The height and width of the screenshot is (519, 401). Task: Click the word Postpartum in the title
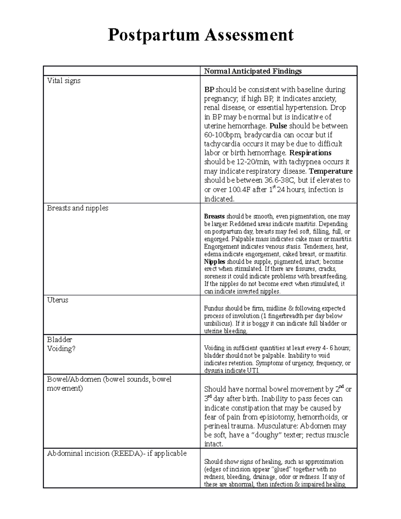point(153,35)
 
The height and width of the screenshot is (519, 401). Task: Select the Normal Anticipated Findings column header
point(253,71)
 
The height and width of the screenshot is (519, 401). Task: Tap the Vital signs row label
point(63,81)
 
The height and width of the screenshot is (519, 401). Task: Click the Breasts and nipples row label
point(78,208)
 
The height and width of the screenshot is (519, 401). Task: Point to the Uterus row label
point(57,300)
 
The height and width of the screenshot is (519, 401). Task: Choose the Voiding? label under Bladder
point(61,349)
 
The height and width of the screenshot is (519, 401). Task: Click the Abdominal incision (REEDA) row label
point(117,453)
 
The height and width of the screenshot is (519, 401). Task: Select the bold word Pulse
point(278,126)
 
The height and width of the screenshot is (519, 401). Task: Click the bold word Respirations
point(310,153)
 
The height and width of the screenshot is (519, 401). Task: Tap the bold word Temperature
point(330,171)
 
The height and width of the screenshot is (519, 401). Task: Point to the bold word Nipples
point(215,262)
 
